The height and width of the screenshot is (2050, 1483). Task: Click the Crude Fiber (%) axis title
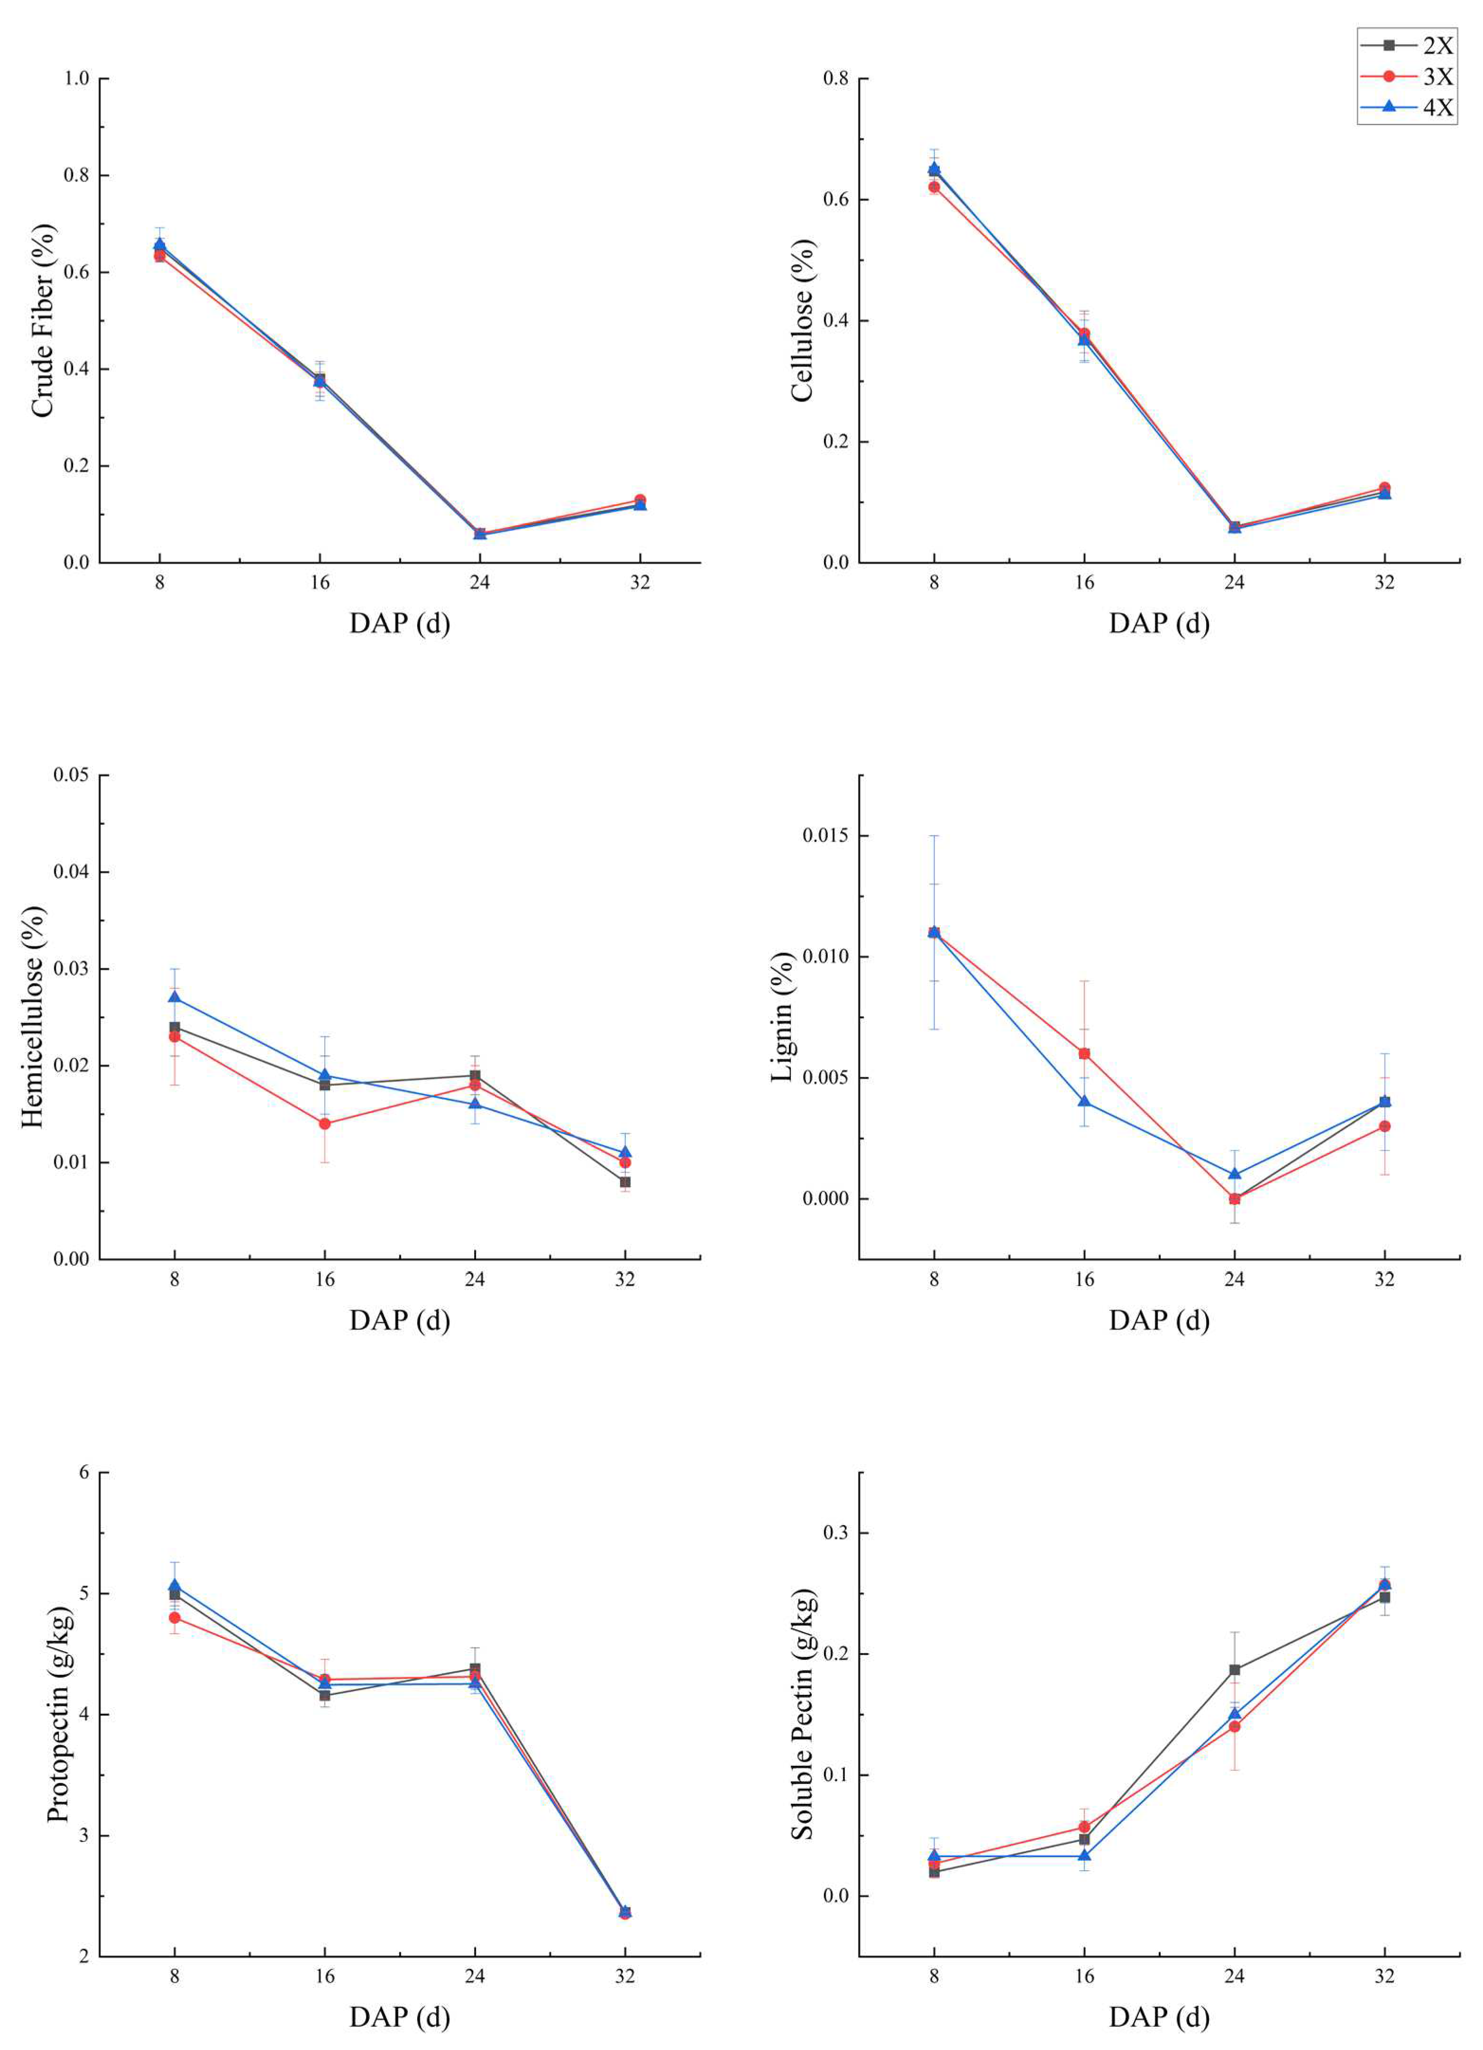pos(43,321)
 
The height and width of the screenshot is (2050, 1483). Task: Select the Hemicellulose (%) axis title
pos(32,1017)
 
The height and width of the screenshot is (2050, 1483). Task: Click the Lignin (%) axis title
pos(783,1017)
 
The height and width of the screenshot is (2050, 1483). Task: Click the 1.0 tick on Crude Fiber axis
pos(77,79)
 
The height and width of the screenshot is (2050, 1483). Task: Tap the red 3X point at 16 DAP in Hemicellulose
pos(324,1123)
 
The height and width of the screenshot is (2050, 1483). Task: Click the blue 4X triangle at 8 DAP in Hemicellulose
pos(174,997)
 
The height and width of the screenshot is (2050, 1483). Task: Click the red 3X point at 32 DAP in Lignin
pos(1384,1126)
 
